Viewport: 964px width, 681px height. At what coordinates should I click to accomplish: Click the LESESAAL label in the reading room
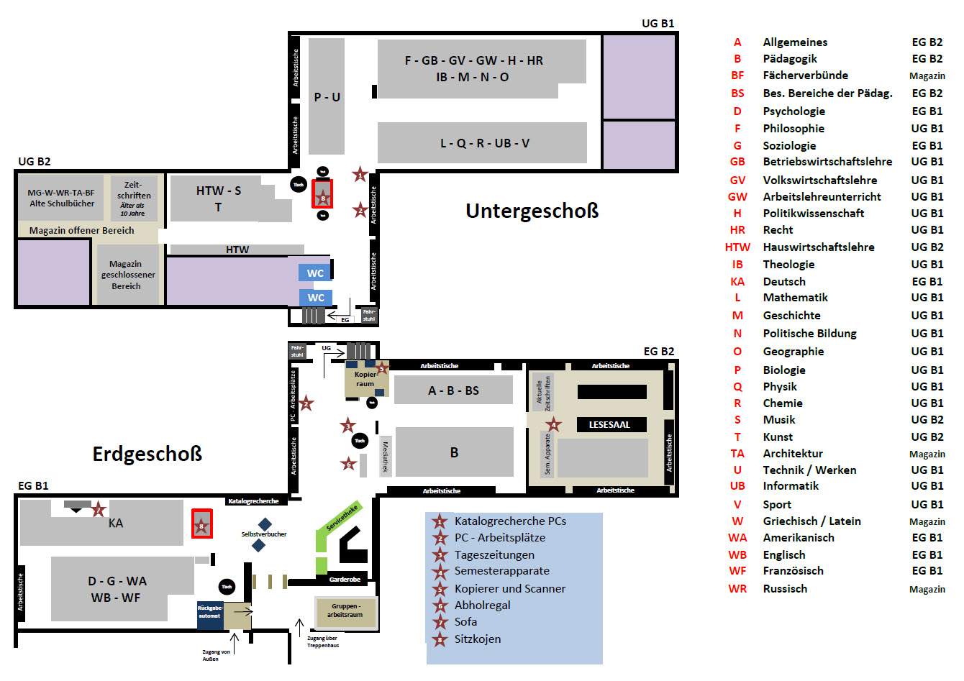(x=609, y=425)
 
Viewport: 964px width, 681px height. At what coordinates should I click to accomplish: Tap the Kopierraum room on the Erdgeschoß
(x=365, y=380)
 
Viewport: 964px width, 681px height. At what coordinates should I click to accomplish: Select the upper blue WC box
(x=315, y=273)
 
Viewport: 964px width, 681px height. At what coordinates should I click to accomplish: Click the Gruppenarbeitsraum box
(x=345, y=611)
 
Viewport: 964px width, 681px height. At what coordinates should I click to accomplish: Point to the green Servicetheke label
(x=342, y=517)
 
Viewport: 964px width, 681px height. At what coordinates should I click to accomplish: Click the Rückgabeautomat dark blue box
(x=209, y=613)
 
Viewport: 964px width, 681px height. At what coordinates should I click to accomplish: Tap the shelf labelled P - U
(x=327, y=97)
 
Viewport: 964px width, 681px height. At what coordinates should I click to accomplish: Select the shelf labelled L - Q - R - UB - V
(x=484, y=143)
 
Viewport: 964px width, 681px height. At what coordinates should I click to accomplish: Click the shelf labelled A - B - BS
(x=453, y=390)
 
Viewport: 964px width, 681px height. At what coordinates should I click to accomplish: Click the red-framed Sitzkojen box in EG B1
(x=201, y=524)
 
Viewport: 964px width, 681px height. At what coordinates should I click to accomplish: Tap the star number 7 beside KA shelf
(x=99, y=511)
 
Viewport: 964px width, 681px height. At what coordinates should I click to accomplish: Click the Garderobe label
(x=345, y=580)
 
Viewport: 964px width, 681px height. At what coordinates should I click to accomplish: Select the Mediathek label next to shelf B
(x=386, y=457)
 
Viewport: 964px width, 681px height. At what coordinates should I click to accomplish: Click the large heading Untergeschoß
(x=532, y=211)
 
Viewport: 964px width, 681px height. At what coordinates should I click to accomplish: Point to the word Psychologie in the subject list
(x=794, y=111)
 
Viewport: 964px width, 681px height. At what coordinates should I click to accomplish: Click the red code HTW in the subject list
(x=737, y=247)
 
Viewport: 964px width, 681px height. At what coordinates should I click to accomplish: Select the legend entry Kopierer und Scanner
(x=509, y=589)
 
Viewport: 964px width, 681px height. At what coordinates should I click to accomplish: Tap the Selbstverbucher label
(x=263, y=534)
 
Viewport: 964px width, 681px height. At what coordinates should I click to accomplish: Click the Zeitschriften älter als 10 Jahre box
(x=133, y=198)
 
